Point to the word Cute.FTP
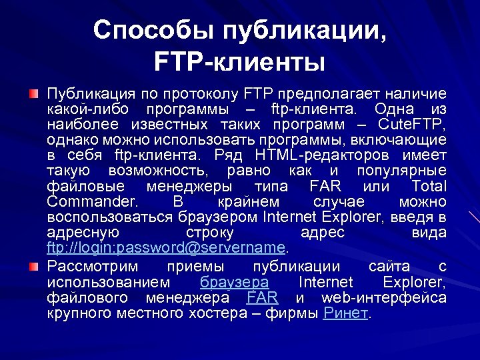[412, 124]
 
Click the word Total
[429, 186]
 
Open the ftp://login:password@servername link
[166, 248]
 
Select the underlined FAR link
[262, 297]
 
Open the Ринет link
[345, 313]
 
